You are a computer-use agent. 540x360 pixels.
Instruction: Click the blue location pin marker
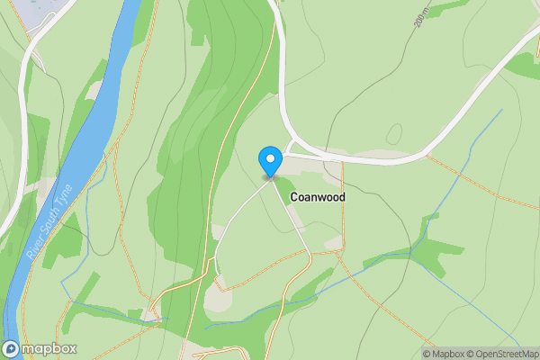[x=269, y=161]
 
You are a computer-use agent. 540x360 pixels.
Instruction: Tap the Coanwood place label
[x=317, y=195]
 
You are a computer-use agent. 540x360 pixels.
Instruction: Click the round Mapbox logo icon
[x=11, y=349]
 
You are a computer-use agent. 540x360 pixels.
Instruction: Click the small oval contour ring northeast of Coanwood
[x=393, y=133]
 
